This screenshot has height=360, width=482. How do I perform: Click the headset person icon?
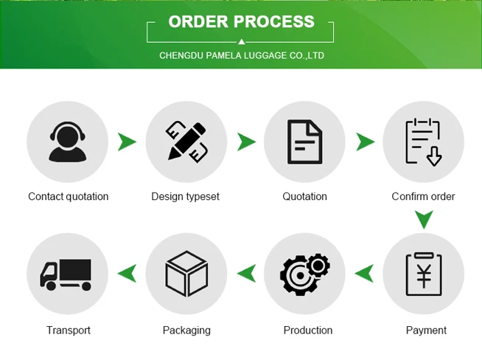coord(67,141)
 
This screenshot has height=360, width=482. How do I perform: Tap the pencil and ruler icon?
coord(186,141)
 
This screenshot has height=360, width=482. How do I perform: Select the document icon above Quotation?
coord(304,141)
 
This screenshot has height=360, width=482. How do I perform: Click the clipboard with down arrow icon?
coord(423,141)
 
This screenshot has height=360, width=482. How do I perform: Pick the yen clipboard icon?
coord(423,274)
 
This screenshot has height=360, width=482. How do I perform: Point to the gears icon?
coord(304,274)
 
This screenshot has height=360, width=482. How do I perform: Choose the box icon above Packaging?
coord(186,274)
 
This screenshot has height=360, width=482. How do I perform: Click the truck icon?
coord(66,274)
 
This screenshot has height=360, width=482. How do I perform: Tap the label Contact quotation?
coord(68,196)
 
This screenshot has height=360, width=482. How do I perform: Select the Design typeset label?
coord(185,196)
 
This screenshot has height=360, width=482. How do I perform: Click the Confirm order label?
coord(423,196)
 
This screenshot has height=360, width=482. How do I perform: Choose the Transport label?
coord(68,330)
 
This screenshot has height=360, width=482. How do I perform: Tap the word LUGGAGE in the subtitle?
coord(264,55)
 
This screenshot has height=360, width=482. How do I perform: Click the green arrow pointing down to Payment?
coord(423,219)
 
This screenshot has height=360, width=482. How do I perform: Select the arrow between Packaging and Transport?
coord(127,274)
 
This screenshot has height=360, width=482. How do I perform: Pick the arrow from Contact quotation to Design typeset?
coord(128,141)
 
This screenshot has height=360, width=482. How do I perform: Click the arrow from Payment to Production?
coord(364,274)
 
